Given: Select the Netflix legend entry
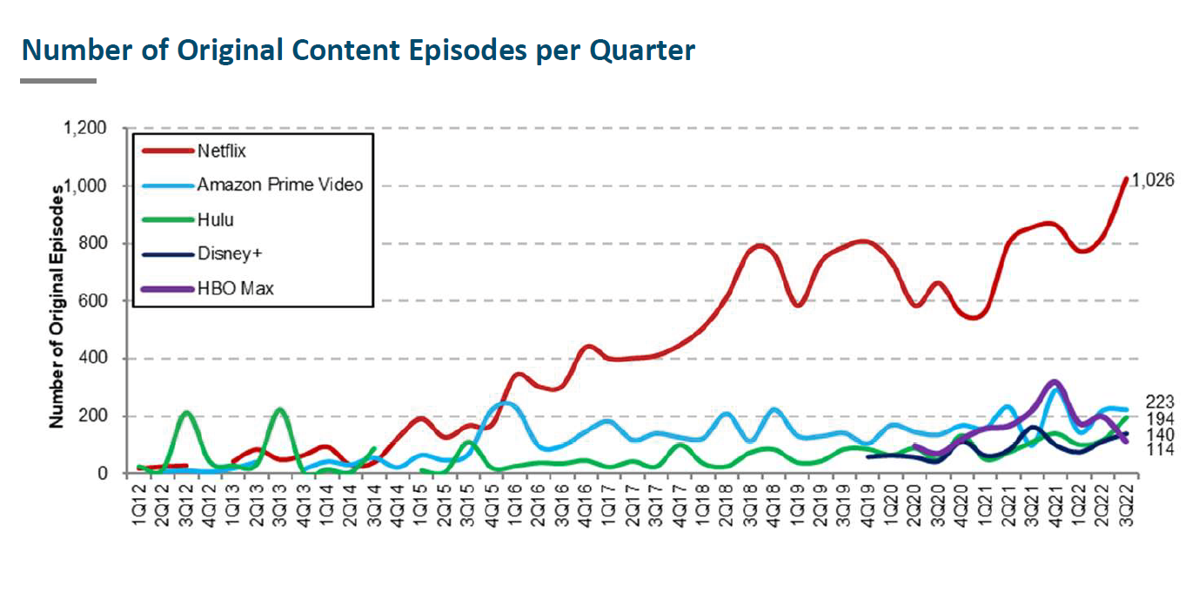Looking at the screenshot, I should [x=222, y=151].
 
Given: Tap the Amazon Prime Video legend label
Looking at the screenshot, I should [x=279, y=185].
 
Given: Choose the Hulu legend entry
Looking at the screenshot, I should [x=215, y=219].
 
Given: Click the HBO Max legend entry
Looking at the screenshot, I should [x=235, y=287].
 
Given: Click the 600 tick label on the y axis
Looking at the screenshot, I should [x=96, y=301].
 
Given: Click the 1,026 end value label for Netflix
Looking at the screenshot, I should [x=1153, y=181].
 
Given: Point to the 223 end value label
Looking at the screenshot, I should [x=1162, y=402].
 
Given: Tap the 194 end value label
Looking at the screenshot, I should [x=1162, y=419].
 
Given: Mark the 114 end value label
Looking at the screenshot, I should [x=1162, y=450].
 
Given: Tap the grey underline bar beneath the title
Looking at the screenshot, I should [x=58, y=81].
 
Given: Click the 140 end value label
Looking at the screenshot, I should [x=1162, y=434].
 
